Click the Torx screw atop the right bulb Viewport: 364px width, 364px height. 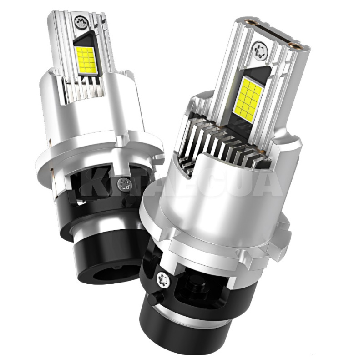(260, 48)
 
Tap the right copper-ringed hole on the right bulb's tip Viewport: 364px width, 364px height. (298, 45)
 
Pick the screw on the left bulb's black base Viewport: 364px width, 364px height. (123, 184)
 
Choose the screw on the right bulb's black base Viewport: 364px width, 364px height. (162, 277)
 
